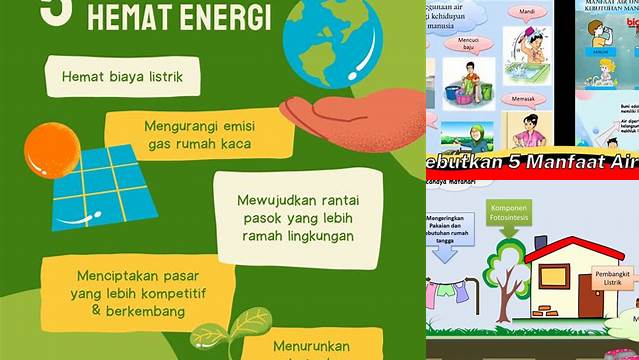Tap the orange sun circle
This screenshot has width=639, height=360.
51,151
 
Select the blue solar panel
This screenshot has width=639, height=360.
100,186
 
